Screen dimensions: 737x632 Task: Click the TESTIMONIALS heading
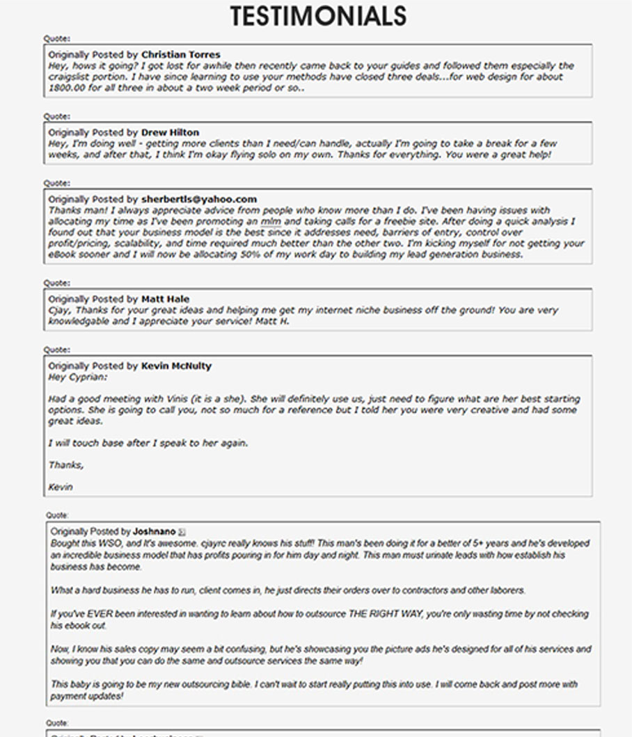click(x=318, y=16)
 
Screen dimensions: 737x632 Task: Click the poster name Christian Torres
click(x=180, y=54)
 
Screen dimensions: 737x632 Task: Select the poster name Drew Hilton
click(x=170, y=132)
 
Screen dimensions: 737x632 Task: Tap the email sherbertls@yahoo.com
click(x=198, y=199)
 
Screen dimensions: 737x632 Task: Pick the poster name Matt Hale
click(x=165, y=299)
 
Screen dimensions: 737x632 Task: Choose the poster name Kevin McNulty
click(x=176, y=366)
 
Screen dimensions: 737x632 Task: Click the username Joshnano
click(x=154, y=532)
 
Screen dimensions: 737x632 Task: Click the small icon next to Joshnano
click(x=182, y=532)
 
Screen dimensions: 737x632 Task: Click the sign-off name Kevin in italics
click(x=61, y=487)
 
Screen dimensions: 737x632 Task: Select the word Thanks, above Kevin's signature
click(x=66, y=464)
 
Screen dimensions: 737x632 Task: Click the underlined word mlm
click(x=271, y=221)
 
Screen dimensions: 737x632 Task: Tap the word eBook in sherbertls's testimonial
click(x=63, y=254)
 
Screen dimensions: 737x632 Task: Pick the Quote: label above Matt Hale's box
click(x=57, y=283)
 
